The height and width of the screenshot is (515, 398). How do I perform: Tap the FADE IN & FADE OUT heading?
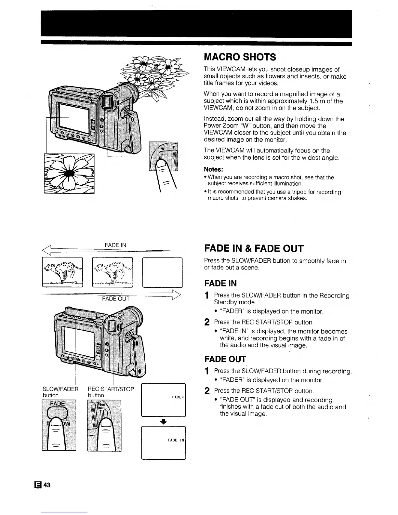[x=254, y=249]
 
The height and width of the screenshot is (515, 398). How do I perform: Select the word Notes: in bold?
[x=213, y=170]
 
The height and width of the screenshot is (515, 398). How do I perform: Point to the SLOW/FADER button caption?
[x=61, y=392]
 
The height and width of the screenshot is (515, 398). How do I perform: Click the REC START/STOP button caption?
[x=111, y=392]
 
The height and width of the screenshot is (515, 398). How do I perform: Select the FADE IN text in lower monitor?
[x=176, y=440]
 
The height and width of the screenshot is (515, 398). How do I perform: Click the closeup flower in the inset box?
[x=69, y=173]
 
